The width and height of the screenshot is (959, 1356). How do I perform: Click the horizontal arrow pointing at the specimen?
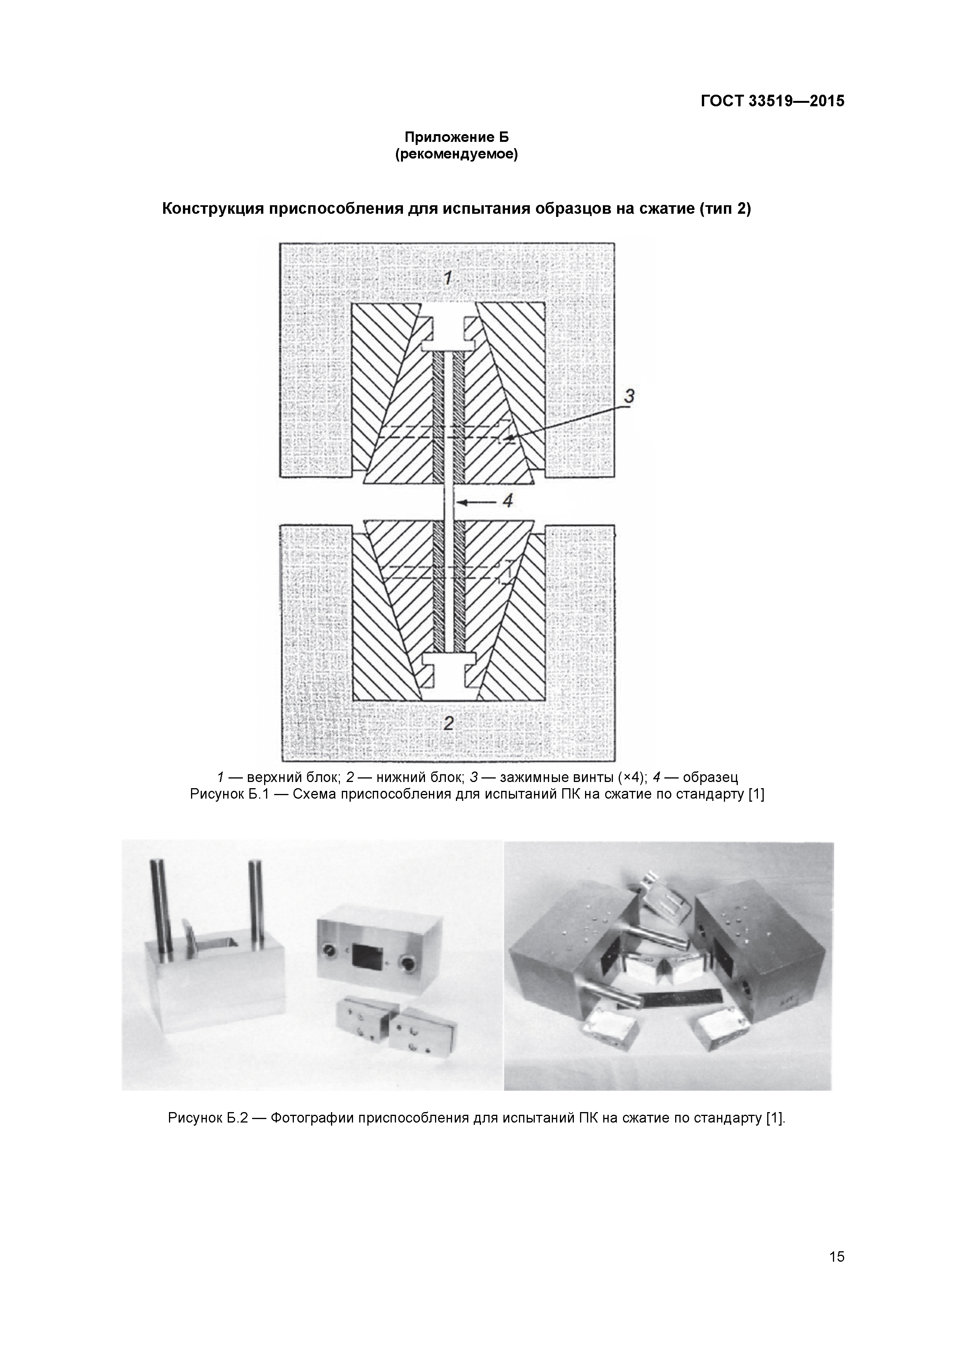476,502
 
